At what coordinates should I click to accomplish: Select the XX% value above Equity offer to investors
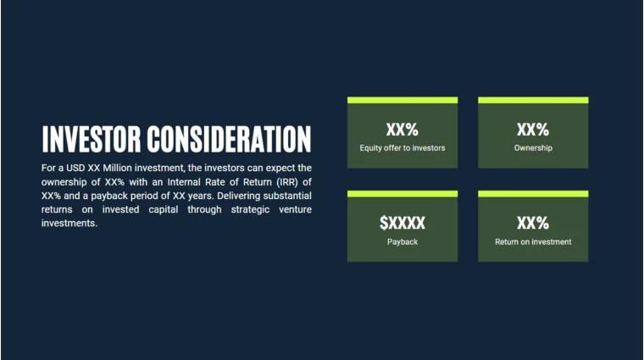click(402, 130)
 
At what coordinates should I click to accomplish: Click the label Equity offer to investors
click(402, 148)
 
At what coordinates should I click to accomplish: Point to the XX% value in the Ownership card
click(533, 130)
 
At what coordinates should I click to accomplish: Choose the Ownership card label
click(533, 148)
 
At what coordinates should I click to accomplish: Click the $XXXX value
click(402, 224)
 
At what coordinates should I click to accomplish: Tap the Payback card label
click(402, 242)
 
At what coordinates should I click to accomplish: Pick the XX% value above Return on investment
click(533, 224)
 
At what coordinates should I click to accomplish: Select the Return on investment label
click(533, 242)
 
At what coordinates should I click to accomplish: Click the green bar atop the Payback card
click(402, 194)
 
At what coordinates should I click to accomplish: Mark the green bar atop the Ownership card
click(533, 100)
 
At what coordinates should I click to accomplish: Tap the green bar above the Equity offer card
click(402, 100)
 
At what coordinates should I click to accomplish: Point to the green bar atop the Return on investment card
click(533, 194)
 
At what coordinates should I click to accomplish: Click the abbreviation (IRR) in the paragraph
click(283, 182)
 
